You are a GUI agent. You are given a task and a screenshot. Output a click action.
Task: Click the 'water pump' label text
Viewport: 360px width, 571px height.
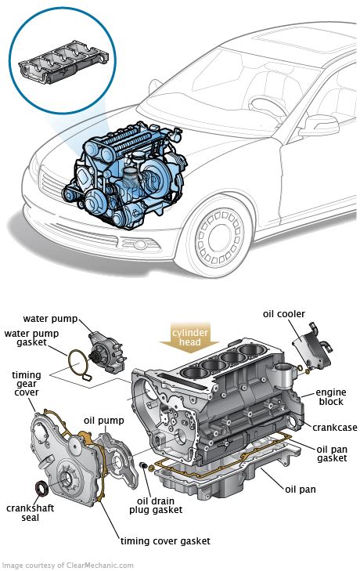(x=50, y=319)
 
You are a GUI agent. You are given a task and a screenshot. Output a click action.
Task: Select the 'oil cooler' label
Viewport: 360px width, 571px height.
(x=284, y=314)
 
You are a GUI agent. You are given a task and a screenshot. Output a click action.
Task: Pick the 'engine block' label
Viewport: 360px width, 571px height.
(x=331, y=397)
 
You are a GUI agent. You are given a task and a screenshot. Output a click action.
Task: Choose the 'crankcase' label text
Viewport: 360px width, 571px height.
(x=334, y=427)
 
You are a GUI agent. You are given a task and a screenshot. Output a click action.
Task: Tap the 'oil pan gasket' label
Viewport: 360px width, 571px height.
(x=332, y=454)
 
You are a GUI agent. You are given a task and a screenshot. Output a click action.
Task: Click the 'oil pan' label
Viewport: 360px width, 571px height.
(x=301, y=489)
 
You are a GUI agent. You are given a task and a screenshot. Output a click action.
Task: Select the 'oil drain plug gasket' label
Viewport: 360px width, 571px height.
(x=156, y=506)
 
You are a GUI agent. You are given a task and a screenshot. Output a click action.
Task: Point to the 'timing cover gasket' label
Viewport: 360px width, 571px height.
(x=165, y=541)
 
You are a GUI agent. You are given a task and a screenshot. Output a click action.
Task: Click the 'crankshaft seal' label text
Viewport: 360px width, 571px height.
(x=31, y=512)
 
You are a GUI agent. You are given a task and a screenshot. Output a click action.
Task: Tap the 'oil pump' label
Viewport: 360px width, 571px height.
(x=104, y=421)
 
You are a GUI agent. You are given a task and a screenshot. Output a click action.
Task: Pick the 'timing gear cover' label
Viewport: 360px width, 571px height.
(x=26, y=384)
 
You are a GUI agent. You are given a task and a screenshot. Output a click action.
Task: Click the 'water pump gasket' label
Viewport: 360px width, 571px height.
(x=31, y=338)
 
